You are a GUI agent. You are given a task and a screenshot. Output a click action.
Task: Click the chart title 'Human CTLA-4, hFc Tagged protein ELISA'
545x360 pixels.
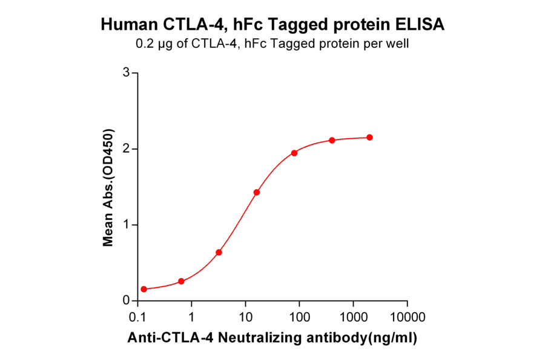[272, 25]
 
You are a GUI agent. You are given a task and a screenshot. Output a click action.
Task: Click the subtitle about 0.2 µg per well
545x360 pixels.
[272, 44]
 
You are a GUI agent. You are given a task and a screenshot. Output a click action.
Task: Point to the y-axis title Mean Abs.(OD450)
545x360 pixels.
[108, 187]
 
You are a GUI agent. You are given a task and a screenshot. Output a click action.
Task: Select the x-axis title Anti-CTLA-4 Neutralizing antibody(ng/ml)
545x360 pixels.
[272, 339]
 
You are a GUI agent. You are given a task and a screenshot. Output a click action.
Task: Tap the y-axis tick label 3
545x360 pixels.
[126, 73]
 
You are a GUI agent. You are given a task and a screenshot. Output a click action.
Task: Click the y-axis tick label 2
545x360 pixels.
[126, 148]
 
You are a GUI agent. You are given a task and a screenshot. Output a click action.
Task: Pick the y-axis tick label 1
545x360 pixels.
[126, 225]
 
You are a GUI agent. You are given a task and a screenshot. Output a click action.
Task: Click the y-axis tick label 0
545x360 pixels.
[126, 301]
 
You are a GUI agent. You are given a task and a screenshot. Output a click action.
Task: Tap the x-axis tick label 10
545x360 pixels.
[245, 318]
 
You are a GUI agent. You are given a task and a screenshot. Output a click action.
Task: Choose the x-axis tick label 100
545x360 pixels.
[299, 318]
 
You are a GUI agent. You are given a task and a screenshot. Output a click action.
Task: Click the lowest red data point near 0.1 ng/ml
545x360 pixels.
[144, 289]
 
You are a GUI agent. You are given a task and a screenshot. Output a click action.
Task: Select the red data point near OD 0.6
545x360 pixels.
[219, 252]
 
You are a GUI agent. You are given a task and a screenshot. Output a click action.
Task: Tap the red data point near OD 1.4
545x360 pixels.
[257, 192]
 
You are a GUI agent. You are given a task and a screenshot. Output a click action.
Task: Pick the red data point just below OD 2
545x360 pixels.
[294, 153]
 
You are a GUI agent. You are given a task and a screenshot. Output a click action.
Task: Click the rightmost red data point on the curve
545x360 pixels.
[369, 137]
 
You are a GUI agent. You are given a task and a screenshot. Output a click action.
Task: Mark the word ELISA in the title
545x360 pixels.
[422, 25]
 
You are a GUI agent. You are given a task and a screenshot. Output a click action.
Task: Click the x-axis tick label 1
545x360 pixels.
[191, 318]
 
